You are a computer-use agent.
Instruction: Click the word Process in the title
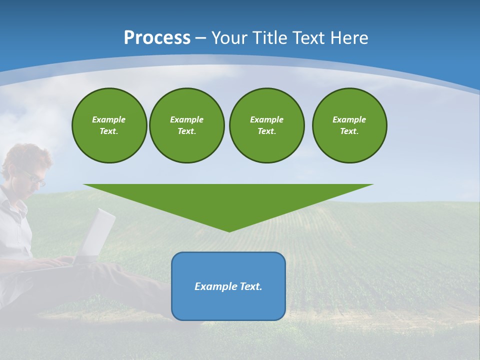(157, 38)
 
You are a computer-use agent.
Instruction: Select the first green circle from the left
(109, 125)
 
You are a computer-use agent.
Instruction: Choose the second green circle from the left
(186, 125)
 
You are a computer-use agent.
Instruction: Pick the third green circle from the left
(266, 125)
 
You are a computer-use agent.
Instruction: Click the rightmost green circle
(349, 125)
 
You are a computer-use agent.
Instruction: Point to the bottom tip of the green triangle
(229, 231)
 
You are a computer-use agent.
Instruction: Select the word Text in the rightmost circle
(349, 131)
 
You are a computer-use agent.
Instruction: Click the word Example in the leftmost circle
(109, 119)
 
